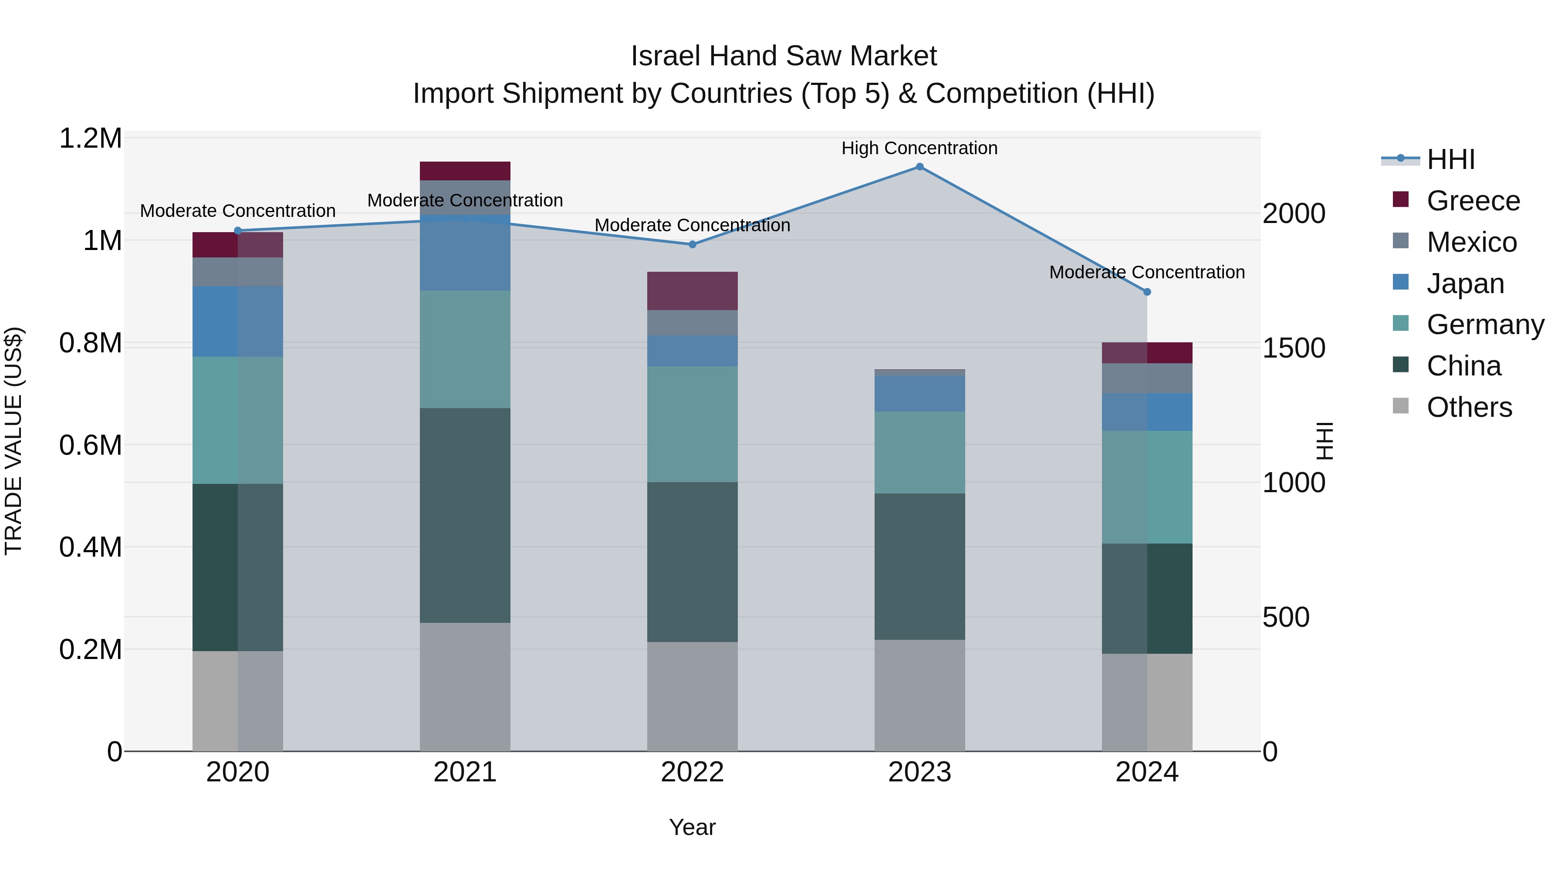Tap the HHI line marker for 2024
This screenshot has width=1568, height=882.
(x=1147, y=292)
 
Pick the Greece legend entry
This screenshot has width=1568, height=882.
(x=1473, y=201)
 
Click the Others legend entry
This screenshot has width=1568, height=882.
(x=1469, y=407)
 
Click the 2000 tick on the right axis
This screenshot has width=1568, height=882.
(x=1294, y=214)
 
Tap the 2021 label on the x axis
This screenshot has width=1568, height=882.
(x=465, y=772)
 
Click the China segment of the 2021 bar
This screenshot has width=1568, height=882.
(x=465, y=515)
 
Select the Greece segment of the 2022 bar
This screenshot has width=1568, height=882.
(x=692, y=291)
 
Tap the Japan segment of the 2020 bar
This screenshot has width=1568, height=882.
(x=237, y=321)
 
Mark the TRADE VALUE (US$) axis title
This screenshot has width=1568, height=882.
(x=14, y=441)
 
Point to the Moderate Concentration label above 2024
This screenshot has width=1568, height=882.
(x=1147, y=272)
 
